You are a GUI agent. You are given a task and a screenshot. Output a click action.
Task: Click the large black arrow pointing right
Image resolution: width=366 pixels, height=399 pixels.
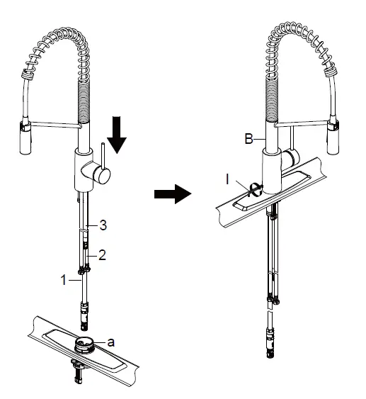pyautogui.click(x=173, y=193)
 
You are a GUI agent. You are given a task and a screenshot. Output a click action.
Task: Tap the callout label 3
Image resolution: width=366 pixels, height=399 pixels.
pyautogui.click(x=103, y=226)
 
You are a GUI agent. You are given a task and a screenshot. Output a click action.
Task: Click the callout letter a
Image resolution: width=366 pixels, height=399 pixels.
pyautogui.click(x=110, y=341)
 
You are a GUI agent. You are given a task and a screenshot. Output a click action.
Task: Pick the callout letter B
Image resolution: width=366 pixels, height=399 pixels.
pyautogui.click(x=248, y=140)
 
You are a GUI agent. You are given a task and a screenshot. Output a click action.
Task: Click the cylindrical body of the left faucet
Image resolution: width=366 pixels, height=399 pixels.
pyautogui.click(x=84, y=171)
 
